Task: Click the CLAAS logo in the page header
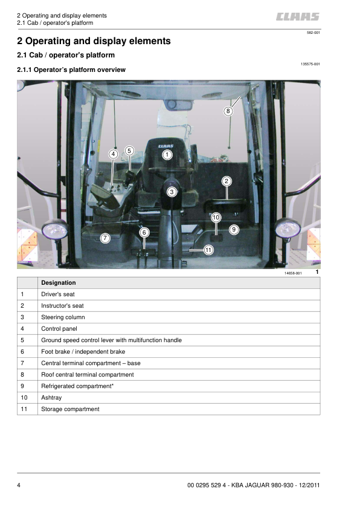click(298, 18)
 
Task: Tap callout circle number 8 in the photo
click(228, 111)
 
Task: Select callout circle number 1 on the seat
click(167, 155)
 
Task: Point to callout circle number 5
click(129, 151)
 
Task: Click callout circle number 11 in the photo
click(208, 249)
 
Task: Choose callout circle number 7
click(105, 238)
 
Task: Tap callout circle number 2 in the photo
click(227, 181)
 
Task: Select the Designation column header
click(59, 282)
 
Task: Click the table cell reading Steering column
click(63, 317)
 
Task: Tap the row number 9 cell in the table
click(22, 386)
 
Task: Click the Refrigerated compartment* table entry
click(77, 386)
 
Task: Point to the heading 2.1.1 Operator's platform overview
click(71, 70)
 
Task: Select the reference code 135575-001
click(310, 63)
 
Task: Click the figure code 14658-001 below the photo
click(293, 274)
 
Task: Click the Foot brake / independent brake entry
click(83, 352)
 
